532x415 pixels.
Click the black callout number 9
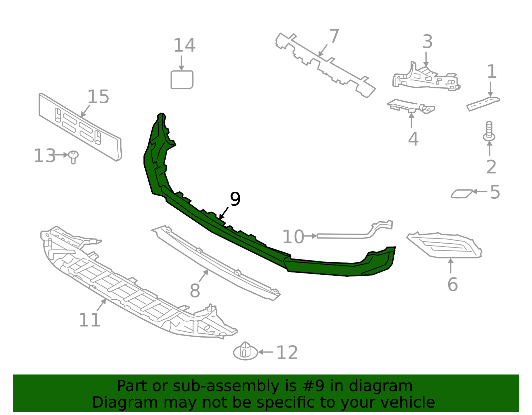point(235,199)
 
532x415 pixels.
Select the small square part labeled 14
point(182,80)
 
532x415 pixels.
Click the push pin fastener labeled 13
point(73,156)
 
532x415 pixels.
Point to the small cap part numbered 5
point(461,193)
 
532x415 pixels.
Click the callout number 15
point(98,97)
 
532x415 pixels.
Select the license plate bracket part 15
point(80,128)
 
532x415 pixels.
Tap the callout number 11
point(89,320)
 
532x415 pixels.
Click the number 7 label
point(334,36)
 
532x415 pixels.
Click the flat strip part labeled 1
point(483,103)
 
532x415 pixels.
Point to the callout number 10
point(293,237)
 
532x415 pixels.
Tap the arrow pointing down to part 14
point(182,63)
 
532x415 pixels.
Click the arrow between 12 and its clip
point(266,352)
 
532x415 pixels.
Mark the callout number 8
point(195,291)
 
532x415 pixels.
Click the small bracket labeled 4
point(411,107)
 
